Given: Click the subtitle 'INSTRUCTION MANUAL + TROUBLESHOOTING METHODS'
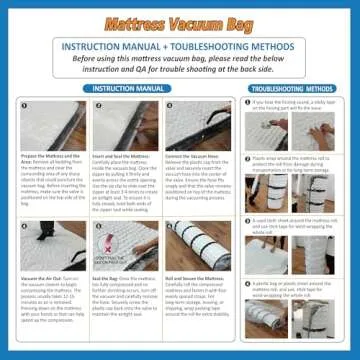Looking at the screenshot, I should coord(180,47).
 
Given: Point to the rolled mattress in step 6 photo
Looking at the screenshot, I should coord(195,245).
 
